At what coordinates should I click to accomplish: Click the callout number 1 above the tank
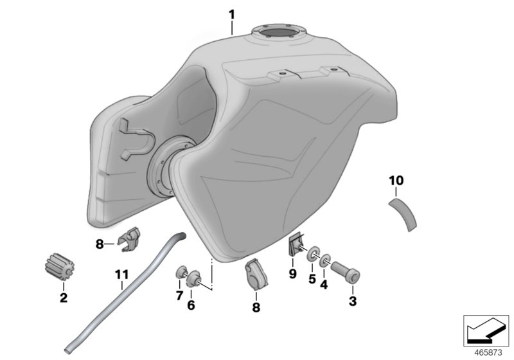pos(232,15)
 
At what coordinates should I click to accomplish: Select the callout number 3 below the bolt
pos(352,301)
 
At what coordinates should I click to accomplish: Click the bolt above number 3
pos(346,272)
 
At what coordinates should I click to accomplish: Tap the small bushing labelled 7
pos(181,273)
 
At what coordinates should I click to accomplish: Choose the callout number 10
pos(396,181)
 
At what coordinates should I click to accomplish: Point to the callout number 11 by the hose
pos(121,274)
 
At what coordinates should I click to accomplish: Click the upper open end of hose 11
pos(182,235)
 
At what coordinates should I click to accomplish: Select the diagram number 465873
pos(488,353)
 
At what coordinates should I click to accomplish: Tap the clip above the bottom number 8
pos(256,274)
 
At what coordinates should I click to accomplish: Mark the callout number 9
pos(292,273)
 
